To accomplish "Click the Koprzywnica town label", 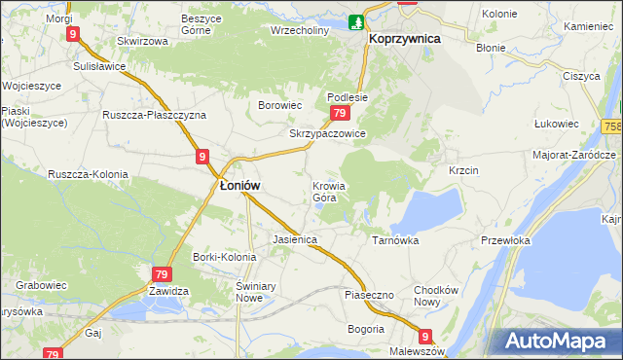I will coord(405,38).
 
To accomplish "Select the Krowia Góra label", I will coord(329,192).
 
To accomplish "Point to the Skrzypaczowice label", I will coord(327,134).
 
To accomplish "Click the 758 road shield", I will coord(612,126).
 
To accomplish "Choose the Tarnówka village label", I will coord(395,239).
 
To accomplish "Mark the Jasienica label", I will coord(296,238).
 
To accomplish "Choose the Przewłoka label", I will coord(506,240).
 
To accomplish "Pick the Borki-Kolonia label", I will coord(224,258).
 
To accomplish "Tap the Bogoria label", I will coord(365,329).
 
